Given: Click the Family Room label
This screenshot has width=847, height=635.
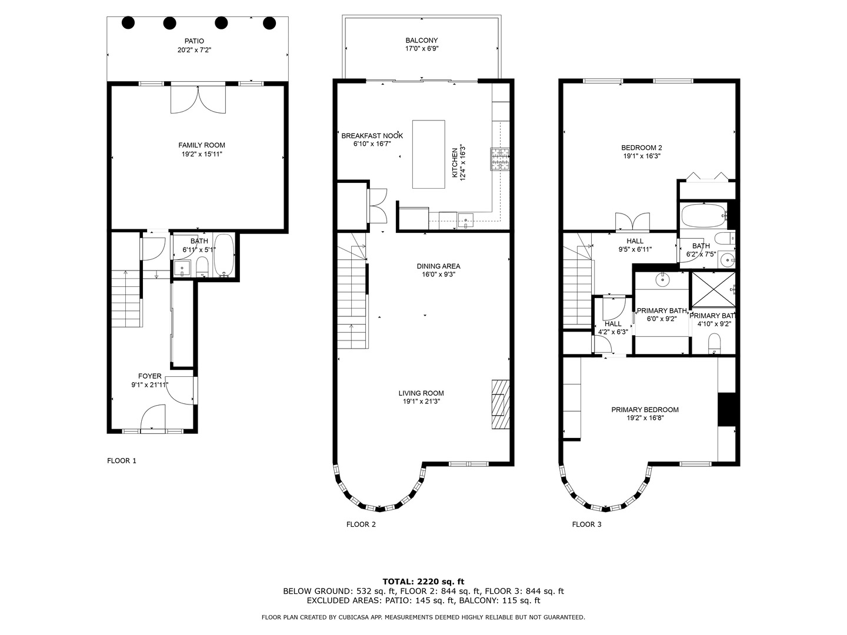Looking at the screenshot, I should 202,145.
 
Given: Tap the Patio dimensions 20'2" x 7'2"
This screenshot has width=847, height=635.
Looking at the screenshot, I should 194,50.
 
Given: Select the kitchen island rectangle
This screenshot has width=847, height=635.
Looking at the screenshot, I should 428,154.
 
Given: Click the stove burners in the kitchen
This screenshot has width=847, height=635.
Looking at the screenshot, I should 500,159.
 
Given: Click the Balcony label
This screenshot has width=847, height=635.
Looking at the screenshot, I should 421,41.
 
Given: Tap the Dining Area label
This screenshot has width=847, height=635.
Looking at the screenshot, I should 438,266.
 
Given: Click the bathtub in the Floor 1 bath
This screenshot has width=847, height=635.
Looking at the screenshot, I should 224,255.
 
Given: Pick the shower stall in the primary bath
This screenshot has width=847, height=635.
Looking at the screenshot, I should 712,289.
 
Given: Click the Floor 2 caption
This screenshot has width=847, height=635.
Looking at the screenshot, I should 361,524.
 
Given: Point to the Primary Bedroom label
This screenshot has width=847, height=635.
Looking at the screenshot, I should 645,410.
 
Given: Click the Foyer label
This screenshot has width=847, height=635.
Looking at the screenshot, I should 149,376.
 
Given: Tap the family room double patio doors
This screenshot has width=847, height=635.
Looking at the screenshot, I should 198,99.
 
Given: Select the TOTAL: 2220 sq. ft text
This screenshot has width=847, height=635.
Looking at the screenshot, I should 423,581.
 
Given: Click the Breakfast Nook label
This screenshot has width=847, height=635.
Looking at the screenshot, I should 372,136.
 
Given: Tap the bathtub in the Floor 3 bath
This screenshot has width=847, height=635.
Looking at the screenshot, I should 703,216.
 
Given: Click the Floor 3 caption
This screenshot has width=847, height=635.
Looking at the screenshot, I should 586,524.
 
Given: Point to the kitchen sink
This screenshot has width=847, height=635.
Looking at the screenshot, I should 466,222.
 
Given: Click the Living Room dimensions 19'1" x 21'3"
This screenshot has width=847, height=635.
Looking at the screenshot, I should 421,402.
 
